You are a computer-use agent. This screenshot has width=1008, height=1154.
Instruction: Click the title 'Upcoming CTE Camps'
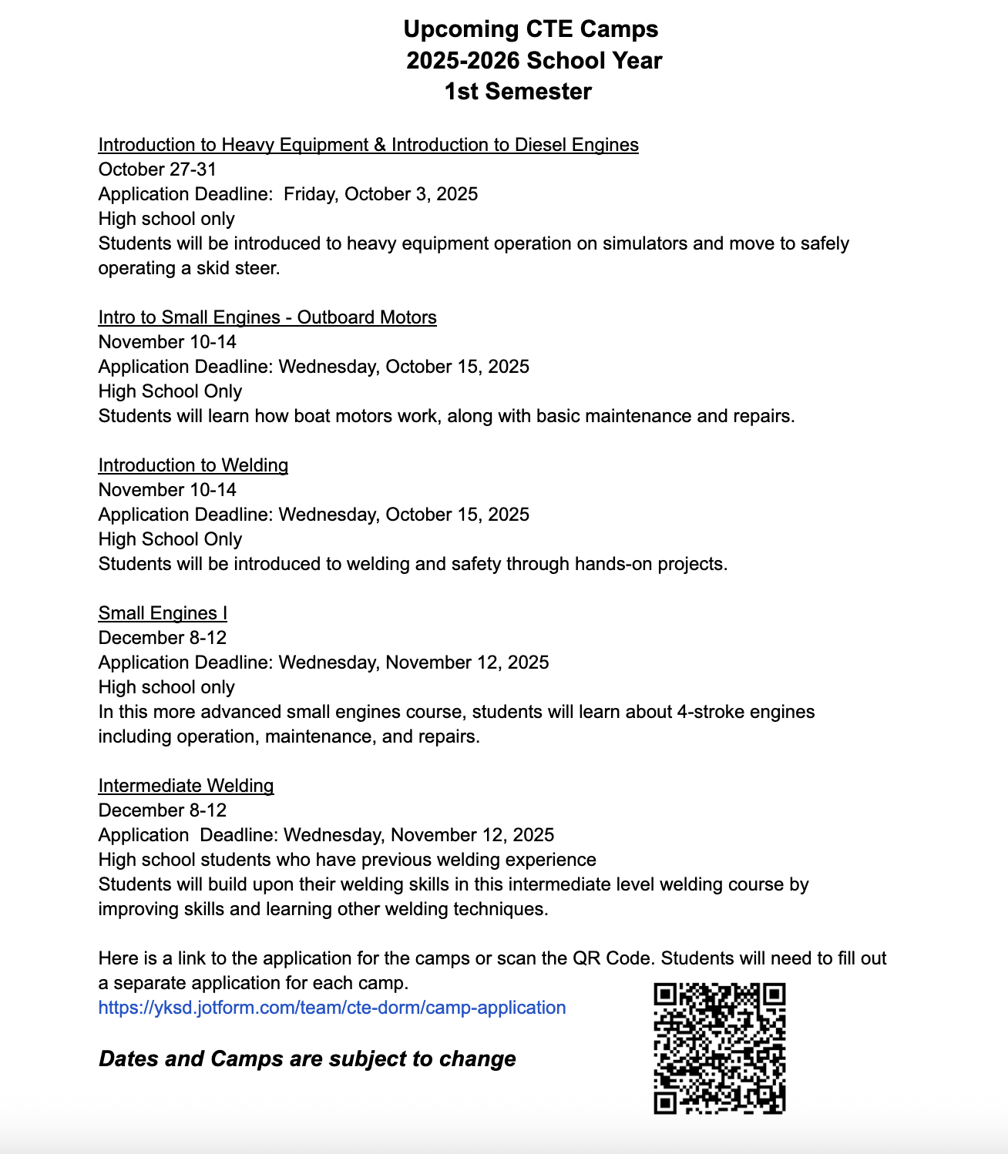[531, 29]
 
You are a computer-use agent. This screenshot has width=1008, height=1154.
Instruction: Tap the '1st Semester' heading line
[518, 92]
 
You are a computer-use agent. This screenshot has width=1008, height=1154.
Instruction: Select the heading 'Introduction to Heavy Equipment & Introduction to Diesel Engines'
[368, 145]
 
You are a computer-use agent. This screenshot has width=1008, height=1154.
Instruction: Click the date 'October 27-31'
[157, 169]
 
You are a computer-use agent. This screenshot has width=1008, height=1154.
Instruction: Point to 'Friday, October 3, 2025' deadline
[381, 194]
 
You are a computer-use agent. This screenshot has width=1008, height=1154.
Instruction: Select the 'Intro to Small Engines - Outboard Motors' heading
[267, 317]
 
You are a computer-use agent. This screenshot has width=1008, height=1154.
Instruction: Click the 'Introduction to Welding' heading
[193, 465]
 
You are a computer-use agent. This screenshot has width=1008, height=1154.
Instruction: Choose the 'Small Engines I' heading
[163, 613]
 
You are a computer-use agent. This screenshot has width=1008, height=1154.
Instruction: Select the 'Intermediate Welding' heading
[186, 786]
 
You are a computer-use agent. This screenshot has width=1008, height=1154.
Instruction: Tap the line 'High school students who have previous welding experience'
[347, 860]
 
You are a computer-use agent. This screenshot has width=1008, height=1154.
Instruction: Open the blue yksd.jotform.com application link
[332, 1008]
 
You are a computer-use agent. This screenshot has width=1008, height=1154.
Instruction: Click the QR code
[719, 1048]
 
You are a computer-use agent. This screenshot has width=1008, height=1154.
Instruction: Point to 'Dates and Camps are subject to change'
[307, 1059]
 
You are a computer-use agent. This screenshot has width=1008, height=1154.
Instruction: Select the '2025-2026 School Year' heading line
[534, 61]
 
